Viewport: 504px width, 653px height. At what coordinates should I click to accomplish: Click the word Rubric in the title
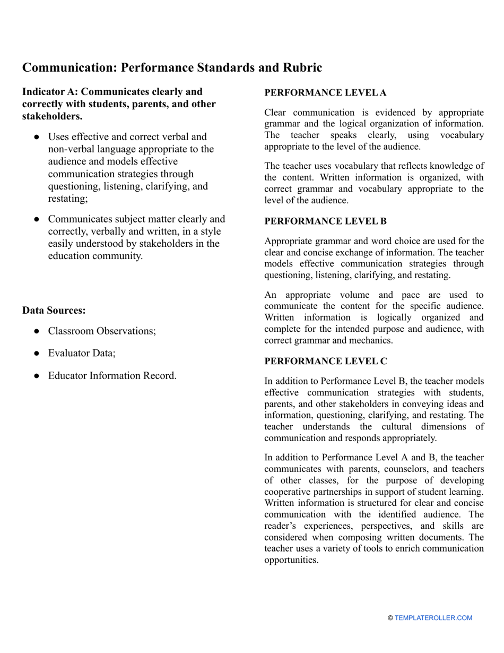[x=300, y=68]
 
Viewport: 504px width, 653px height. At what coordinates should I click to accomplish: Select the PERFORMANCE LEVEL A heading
[x=325, y=93]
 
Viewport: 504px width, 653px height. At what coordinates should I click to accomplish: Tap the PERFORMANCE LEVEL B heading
[x=325, y=221]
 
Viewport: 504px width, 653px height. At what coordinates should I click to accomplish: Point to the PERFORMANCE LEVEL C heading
[x=325, y=362]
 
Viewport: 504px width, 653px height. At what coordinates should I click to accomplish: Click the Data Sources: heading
[x=54, y=311]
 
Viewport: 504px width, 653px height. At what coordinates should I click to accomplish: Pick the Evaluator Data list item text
[x=82, y=353]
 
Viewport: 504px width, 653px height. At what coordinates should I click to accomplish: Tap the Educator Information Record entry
[x=112, y=376]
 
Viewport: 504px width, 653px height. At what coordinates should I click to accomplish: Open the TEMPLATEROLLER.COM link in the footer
[x=433, y=618]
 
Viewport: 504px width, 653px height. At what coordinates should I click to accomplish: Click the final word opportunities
[x=291, y=560]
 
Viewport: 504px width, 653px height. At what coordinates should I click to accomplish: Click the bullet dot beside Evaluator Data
[x=37, y=353]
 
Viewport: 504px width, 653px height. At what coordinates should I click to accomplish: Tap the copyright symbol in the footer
[x=390, y=618]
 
